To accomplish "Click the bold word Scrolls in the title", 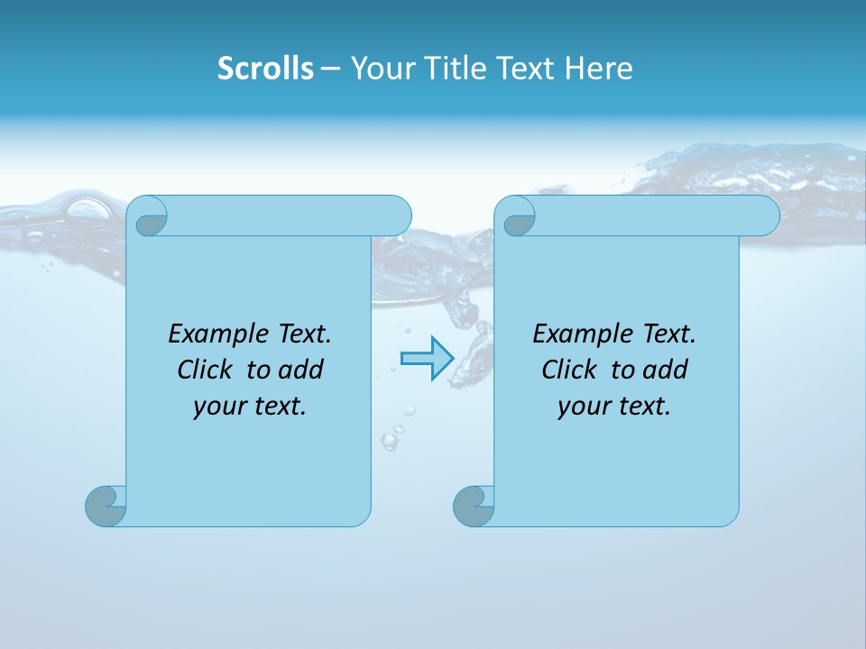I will pyautogui.click(x=265, y=68).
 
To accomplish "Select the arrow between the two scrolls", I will pyautogui.click(x=426, y=359).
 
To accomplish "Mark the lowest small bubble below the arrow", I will pyautogui.click(x=390, y=441).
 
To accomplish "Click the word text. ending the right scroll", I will pyautogui.click(x=642, y=407).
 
